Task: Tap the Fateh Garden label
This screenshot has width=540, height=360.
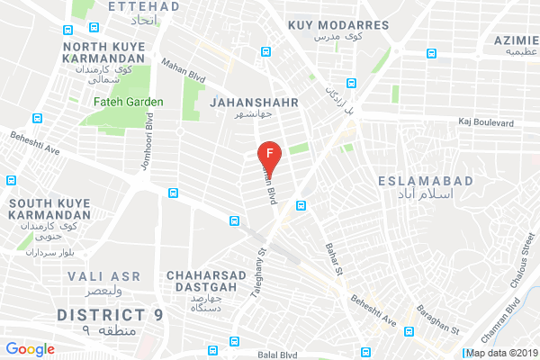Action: click(128, 102)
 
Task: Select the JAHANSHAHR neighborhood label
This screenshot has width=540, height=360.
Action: click(247, 103)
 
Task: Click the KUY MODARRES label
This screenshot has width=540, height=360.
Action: click(338, 25)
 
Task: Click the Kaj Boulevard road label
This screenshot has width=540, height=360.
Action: click(485, 121)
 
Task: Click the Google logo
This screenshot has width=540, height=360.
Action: click(31, 348)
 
